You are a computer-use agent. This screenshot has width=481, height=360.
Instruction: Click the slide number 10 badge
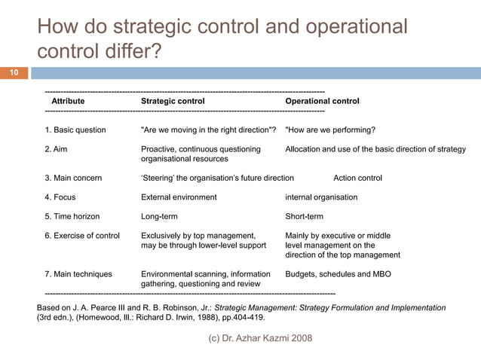tap(14, 73)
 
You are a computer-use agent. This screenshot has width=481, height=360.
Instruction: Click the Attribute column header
tap(68, 101)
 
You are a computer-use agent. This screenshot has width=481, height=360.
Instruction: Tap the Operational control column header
tap(322, 101)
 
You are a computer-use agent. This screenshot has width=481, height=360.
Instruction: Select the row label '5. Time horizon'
tap(72, 216)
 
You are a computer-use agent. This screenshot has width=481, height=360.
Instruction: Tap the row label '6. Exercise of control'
tap(82, 236)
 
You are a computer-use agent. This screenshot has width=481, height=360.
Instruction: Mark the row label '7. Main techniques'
tap(78, 274)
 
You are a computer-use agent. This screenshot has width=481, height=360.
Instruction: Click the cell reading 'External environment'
tap(179, 197)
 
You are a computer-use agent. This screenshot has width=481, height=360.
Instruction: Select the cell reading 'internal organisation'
tap(321, 197)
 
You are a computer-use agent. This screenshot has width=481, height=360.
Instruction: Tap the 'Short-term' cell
tap(304, 216)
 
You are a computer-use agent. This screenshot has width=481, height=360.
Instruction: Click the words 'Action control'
tap(357, 178)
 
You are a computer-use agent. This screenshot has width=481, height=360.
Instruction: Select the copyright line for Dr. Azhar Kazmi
tap(259, 338)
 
